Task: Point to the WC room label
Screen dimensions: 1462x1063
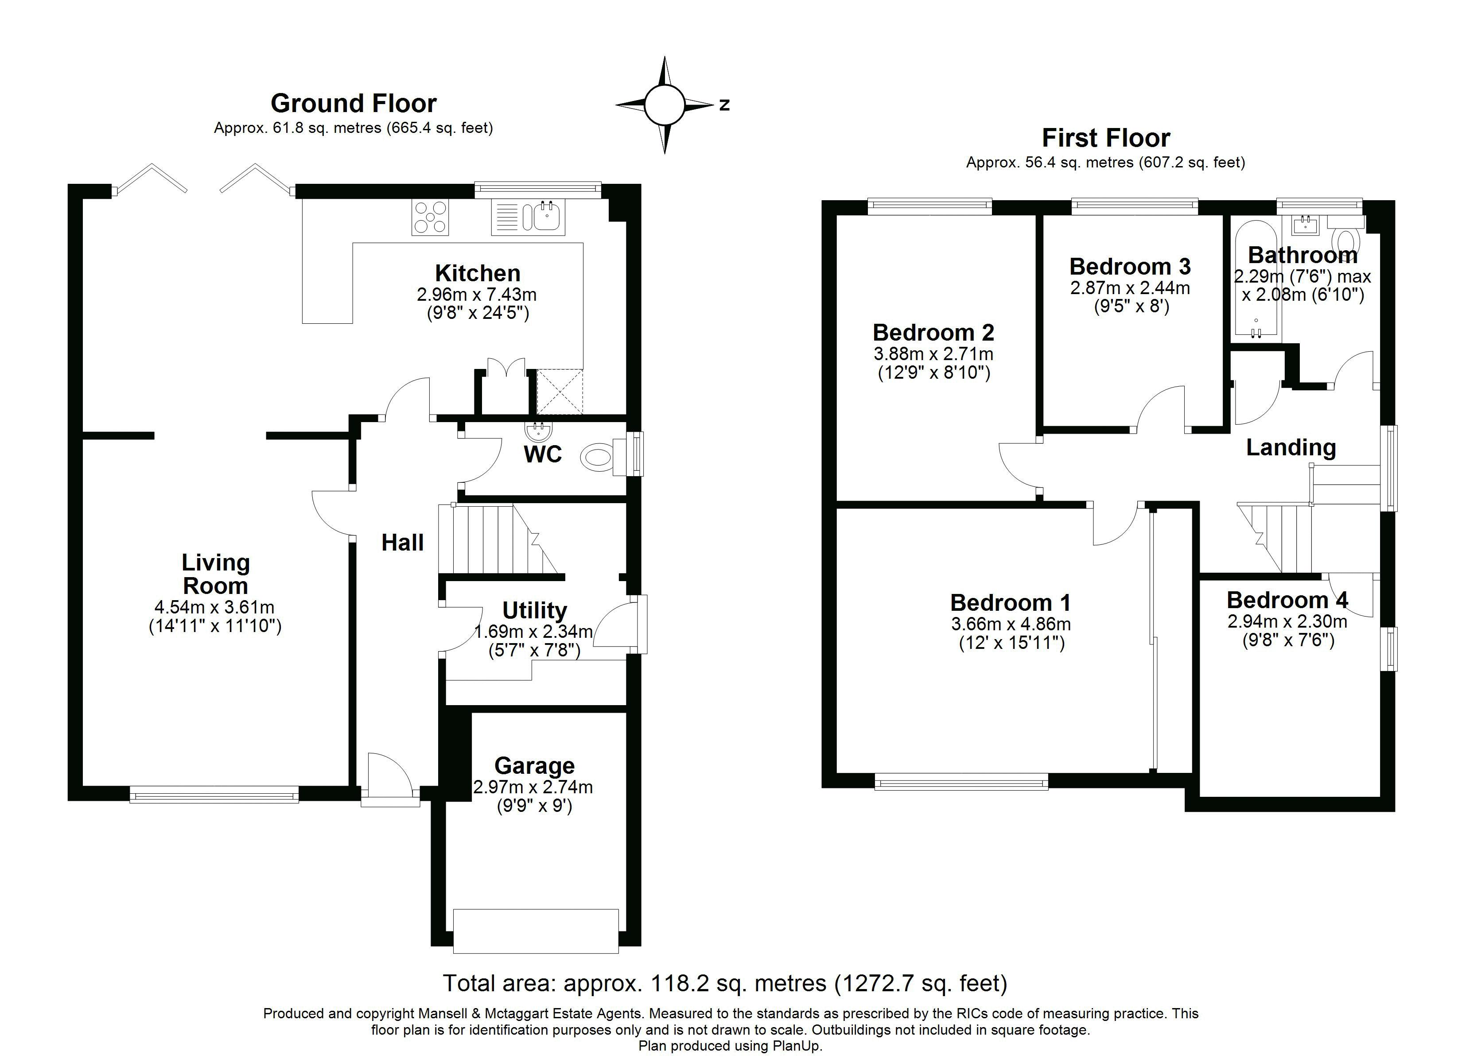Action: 543,454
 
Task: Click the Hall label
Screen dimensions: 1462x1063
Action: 402,543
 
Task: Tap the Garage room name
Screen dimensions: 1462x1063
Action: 534,766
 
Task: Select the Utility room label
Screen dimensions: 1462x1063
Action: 534,610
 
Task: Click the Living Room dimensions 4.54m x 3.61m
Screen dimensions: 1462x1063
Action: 215,607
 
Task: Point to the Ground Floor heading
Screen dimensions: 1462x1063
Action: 353,103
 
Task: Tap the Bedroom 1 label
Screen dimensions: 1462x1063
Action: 1010,603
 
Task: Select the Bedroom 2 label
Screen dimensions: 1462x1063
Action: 933,333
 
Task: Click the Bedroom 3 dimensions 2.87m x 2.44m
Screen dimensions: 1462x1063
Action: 1130,288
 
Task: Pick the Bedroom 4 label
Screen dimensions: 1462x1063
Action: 1287,600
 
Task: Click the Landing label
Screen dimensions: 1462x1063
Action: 1291,447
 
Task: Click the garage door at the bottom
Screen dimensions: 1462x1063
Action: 536,930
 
